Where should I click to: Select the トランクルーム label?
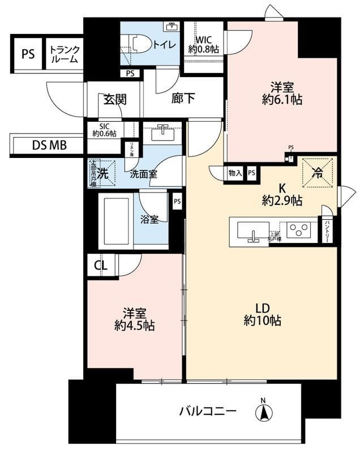point(63,53)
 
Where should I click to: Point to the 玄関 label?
point(114,100)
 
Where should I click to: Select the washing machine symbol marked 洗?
point(102,173)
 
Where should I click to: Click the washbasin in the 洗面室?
point(162,132)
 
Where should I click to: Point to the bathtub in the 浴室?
point(115,220)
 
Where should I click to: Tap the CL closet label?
point(101,264)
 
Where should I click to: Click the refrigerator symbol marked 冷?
point(317,172)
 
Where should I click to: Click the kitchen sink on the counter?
point(251,231)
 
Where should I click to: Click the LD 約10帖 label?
point(262,314)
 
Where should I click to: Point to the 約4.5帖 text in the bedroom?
point(134,326)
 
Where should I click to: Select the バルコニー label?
point(208,410)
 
